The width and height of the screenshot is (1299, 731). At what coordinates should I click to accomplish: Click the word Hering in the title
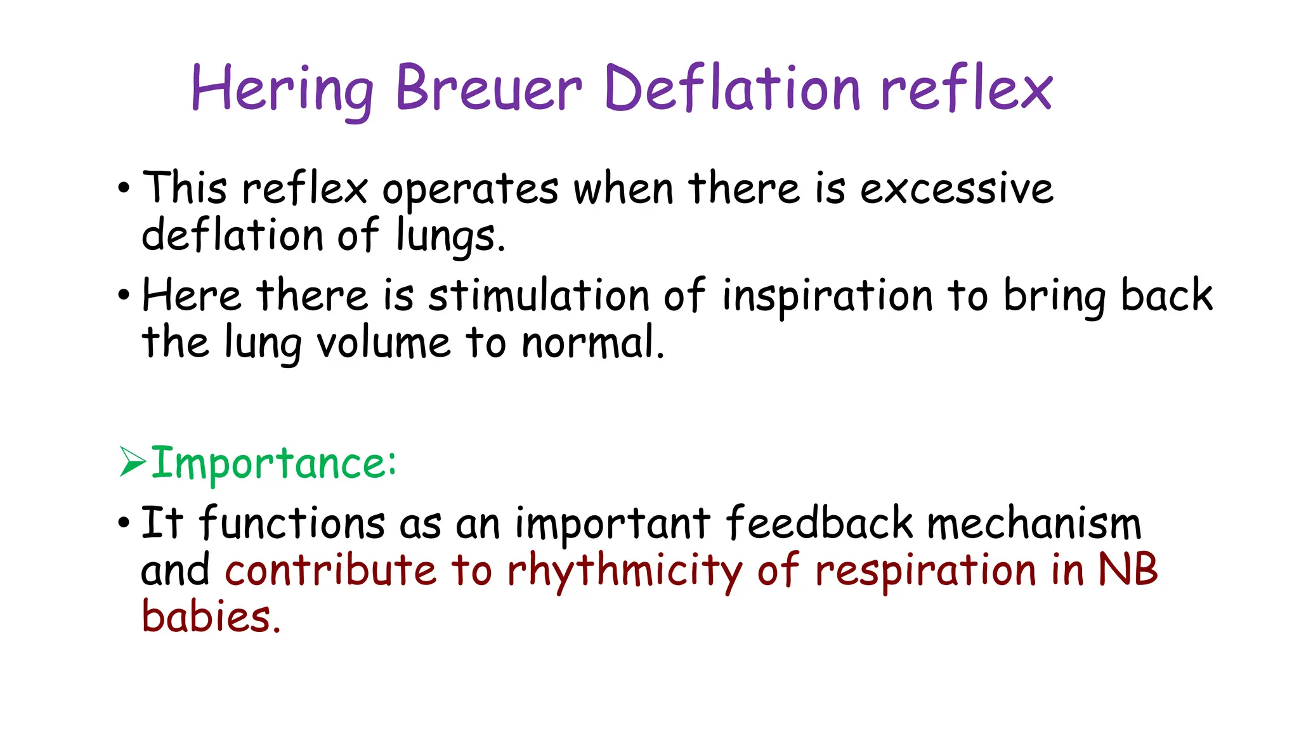click(x=282, y=89)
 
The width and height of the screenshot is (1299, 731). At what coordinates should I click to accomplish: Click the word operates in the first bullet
click(x=470, y=190)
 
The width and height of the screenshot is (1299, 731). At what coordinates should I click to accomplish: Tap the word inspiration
click(x=827, y=297)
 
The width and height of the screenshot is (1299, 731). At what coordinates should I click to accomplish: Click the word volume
click(x=384, y=343)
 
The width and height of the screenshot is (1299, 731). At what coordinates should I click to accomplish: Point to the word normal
click(x=592, y=343)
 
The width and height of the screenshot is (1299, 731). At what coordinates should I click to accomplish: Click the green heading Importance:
click(x=273, y=463)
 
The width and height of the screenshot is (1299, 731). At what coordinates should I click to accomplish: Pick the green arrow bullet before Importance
click(x=133, y=461)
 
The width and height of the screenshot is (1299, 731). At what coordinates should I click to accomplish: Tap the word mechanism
click(x=1034, y=524)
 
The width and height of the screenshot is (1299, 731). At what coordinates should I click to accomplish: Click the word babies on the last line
click(x=210, y=616)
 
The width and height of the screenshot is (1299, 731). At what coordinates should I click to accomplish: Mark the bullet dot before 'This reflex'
click(x=124, y=188)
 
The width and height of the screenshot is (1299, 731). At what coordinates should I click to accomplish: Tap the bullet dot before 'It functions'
click(x=124, y=524)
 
